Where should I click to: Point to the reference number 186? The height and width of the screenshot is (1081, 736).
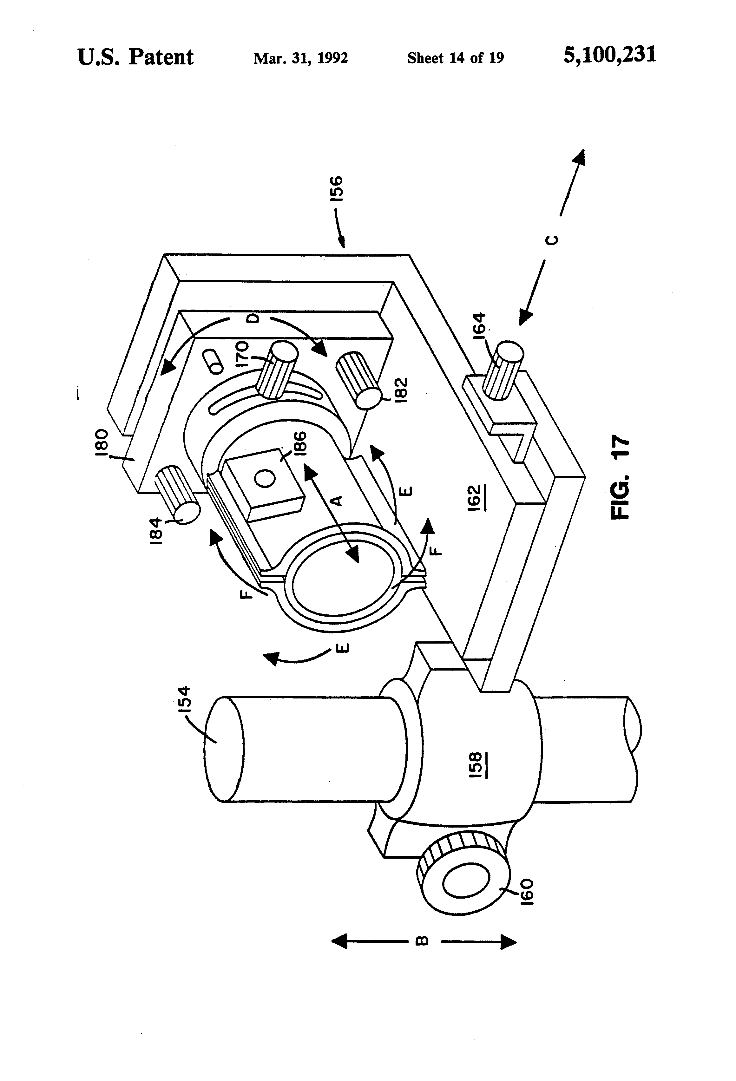pyautogui.click(x=300, y=444)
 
